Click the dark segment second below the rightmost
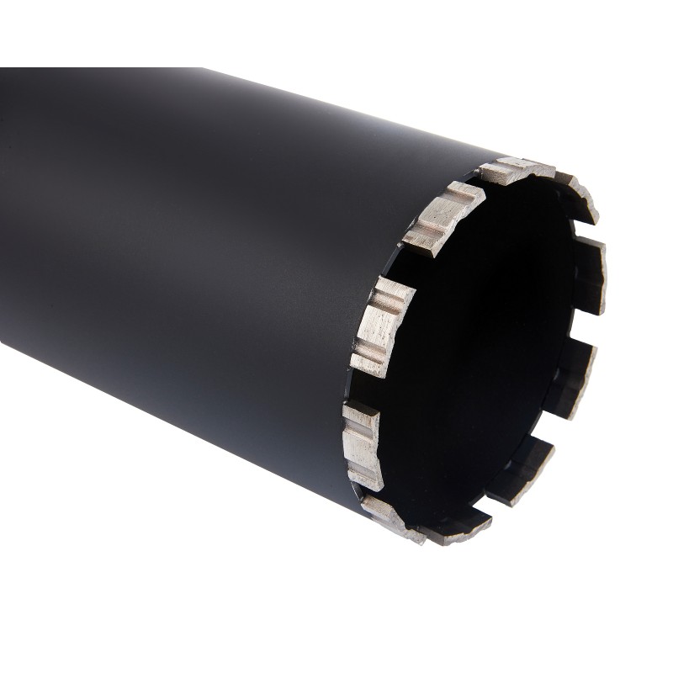point(522,471)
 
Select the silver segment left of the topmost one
point(442,218)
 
